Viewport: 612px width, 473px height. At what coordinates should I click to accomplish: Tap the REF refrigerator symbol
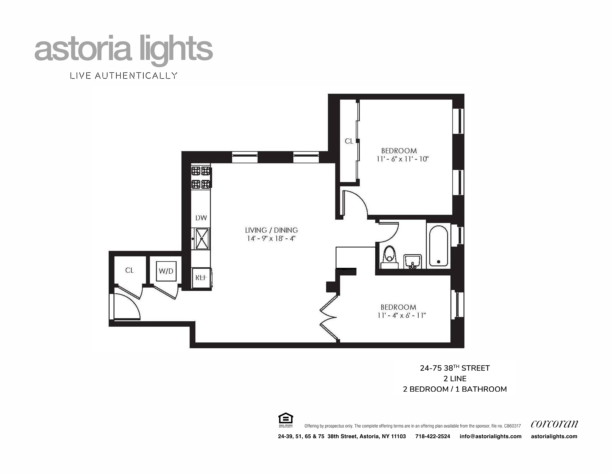tap(201, 278)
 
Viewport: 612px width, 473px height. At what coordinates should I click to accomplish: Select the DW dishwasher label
tap(201, 218)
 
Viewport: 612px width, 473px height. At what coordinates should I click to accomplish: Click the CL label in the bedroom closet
tap(349, 141)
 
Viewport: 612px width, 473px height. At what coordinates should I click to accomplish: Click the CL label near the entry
tap(129, 270)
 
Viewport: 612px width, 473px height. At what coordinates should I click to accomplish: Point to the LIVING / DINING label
tap(271, 230)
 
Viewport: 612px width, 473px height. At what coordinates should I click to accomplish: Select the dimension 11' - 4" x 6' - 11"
tap(402, 316)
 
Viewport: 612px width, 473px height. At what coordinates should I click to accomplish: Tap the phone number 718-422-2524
tap(433, 436)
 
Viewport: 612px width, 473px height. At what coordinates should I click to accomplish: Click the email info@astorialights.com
tap(490, 436)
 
